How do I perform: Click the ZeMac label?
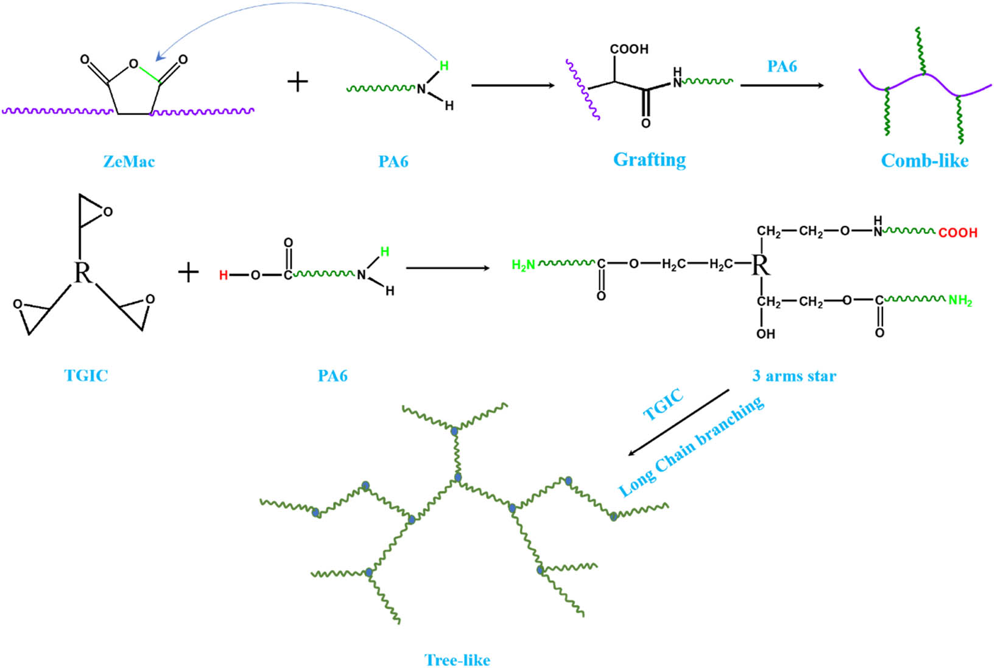(x=128, y=162)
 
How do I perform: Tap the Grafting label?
(x=649, y=160)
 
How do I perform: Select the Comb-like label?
(x=924, y=161)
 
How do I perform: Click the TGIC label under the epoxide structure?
(x=86, y=375)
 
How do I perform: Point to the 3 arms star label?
(x=794, y=376)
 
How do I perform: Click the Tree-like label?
(x=457, y=660)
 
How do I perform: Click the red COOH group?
(x=957, y=233)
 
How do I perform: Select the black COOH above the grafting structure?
(x=629, y=49)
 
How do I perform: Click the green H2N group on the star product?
(x=523, y=265)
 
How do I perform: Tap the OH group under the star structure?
(x=765, y=334)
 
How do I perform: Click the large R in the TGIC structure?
(x=82, y=272)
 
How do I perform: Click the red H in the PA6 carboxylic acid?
(x=223, y=275)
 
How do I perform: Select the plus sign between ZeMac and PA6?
(x=297, y=82)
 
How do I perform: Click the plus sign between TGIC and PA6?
(x=189, y=272)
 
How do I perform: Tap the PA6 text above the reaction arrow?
(x=782, y=66)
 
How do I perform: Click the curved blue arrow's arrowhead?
(x=160, y=57)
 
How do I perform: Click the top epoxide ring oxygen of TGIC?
(x=108, y=211)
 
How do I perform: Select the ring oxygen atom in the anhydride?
(x=133, y=63)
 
